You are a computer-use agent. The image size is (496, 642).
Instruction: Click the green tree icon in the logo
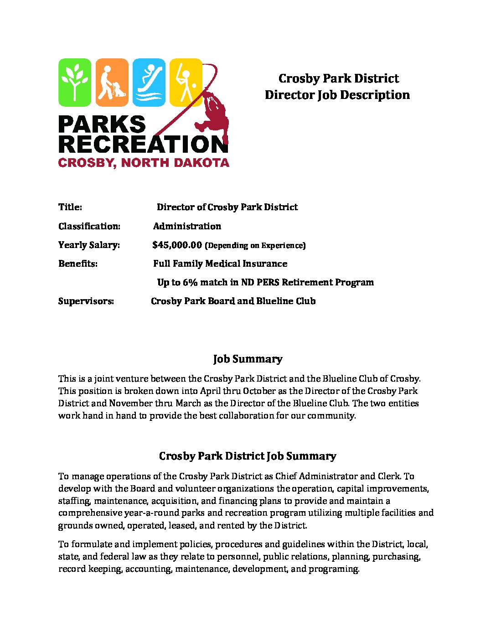coord(75,82)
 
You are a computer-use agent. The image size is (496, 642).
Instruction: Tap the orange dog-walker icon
coord(112,82)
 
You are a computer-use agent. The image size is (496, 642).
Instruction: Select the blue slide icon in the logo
coord(149,82)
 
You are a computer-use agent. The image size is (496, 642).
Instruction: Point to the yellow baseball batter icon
coord(186,82)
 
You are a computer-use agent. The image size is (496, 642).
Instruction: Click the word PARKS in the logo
coord(102,124)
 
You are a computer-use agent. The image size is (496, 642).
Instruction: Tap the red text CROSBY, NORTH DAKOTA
coord(144,163)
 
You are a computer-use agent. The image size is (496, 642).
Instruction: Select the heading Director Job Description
coord(337,95)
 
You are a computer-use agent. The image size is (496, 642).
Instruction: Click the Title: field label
coord(70,207)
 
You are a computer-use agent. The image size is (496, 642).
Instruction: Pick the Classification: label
coord(89,226)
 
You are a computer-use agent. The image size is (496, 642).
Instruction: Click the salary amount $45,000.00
coord(177,245)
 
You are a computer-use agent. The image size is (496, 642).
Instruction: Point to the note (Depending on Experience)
coord(255,245)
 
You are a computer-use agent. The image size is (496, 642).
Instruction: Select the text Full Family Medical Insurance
coord(220,264)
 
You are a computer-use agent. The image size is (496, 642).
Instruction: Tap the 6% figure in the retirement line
coord(190,282)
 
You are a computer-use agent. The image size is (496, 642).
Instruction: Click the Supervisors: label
coord(86,301)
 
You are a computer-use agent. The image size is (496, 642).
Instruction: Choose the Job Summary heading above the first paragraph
coord(248,359)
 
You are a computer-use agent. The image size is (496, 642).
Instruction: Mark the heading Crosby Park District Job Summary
coord(248,456)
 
